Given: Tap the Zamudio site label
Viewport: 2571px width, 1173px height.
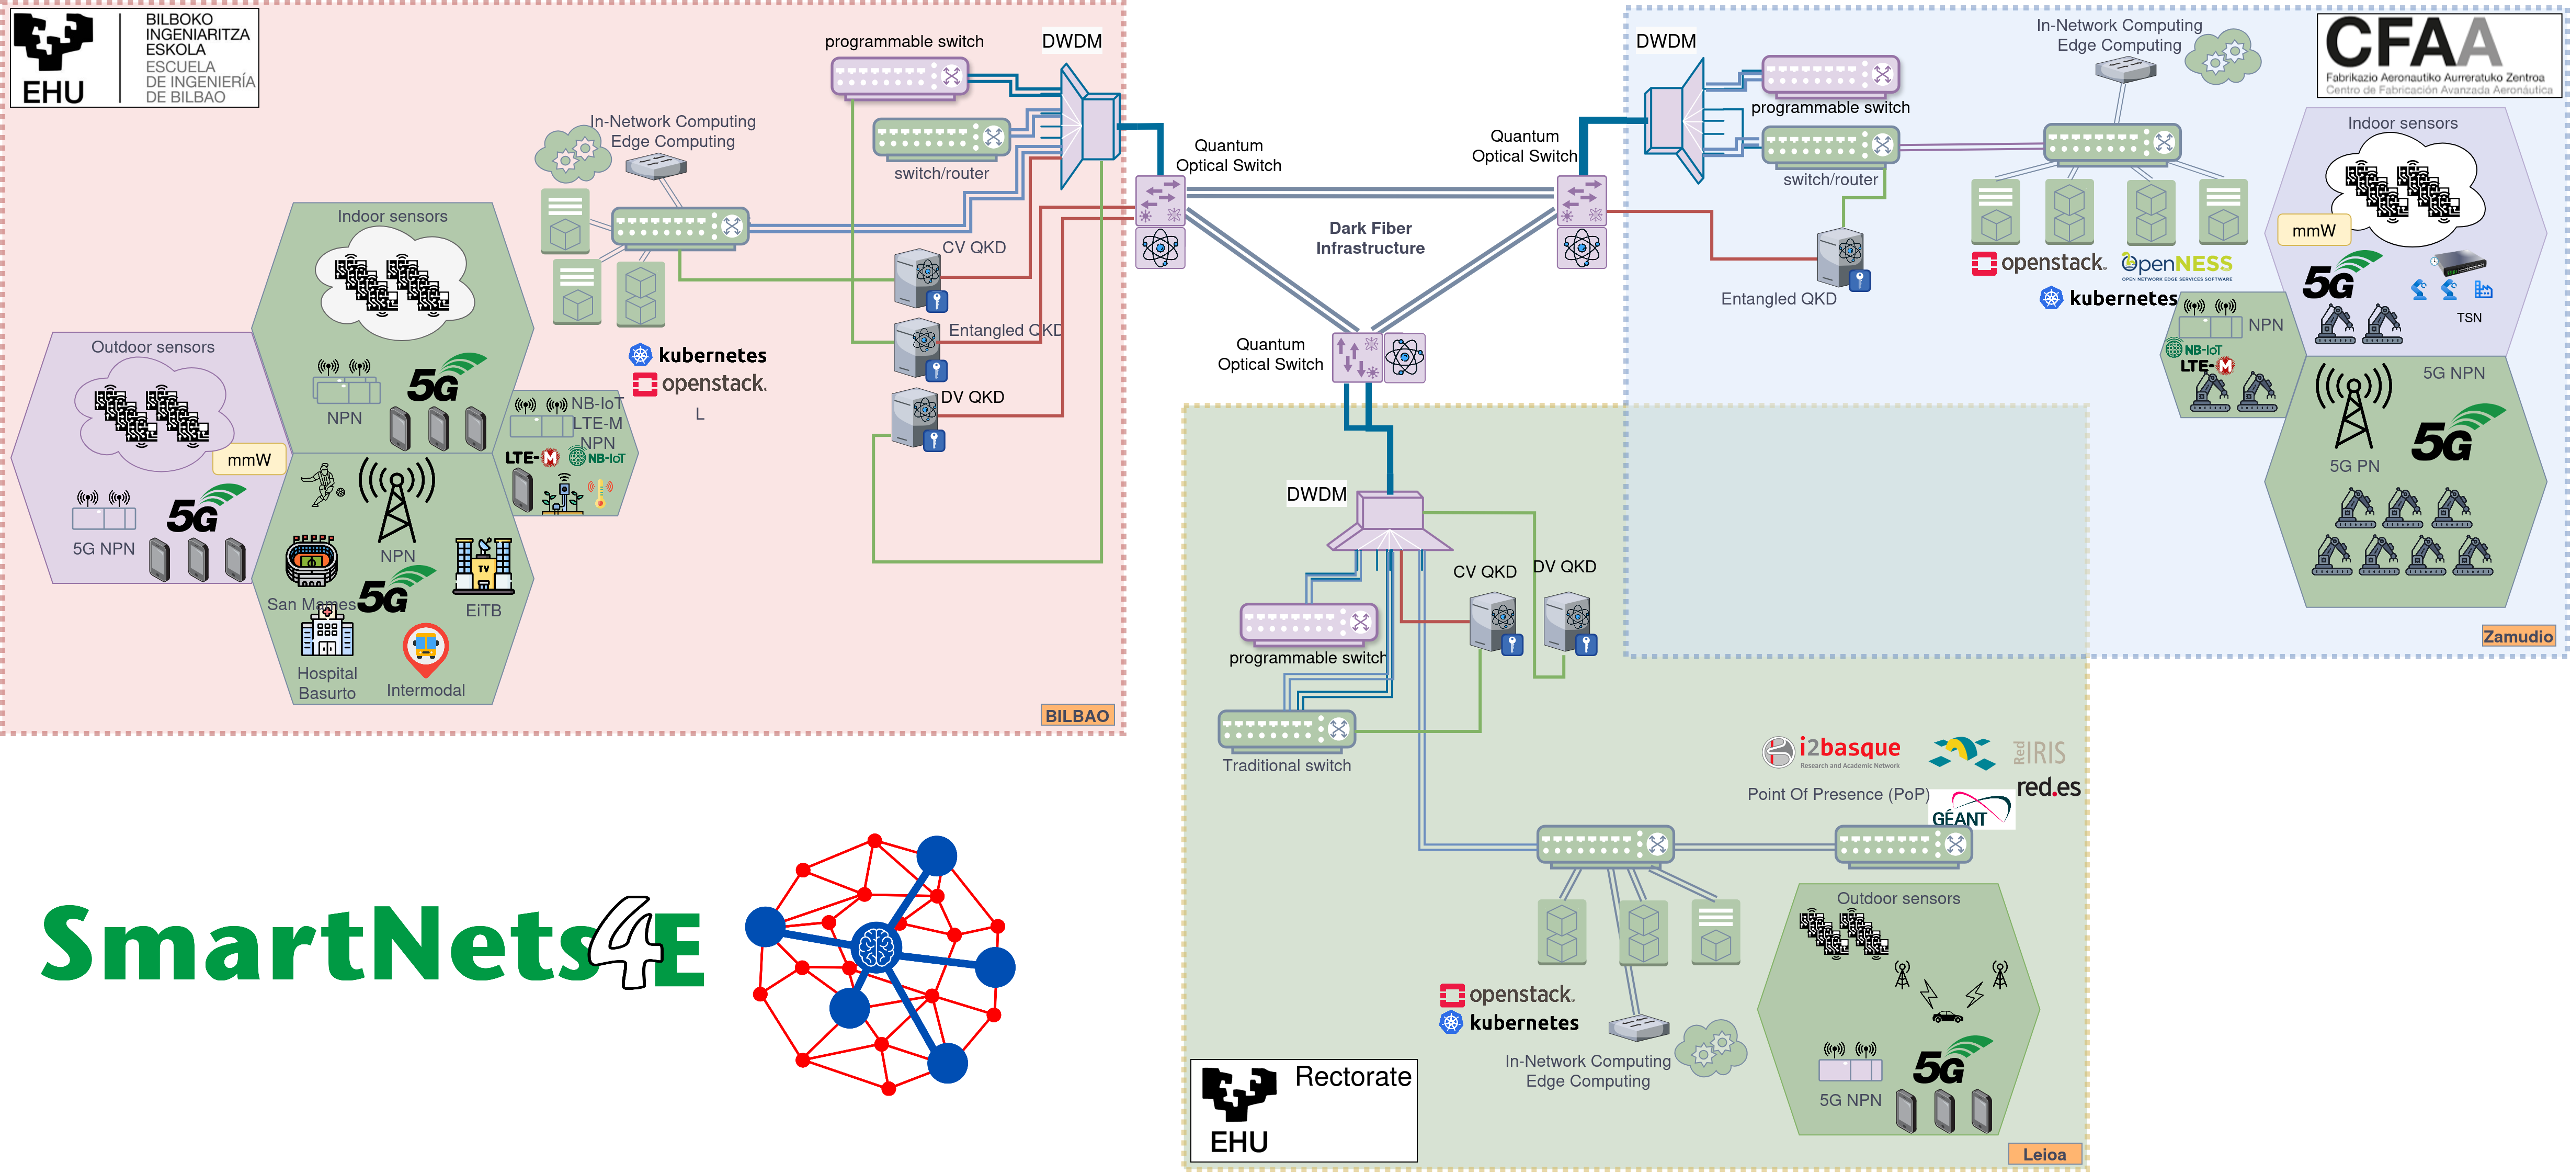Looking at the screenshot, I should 2517,636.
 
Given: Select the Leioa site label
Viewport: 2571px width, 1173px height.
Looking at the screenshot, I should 2044,1154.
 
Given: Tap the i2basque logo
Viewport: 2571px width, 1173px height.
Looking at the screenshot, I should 1831,751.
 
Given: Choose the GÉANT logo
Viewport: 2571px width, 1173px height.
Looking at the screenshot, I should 1971,809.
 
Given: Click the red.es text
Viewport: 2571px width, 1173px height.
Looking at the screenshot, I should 2048,787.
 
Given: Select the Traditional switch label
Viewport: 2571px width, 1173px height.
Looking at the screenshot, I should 1287,766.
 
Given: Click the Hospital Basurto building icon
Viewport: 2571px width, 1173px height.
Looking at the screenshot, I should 326,631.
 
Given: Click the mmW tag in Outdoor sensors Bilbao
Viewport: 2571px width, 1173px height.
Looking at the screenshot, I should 248,460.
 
